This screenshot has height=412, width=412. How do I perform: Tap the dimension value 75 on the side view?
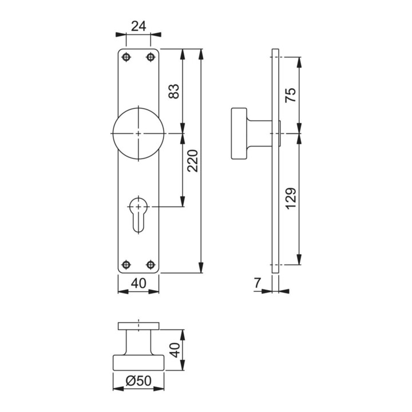click(290, 95)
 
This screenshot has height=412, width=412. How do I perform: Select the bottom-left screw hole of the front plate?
click(126, 264)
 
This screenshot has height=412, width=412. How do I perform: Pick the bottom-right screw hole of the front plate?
click(150, 264)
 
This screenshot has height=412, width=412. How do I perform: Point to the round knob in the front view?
click(138, 133)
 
